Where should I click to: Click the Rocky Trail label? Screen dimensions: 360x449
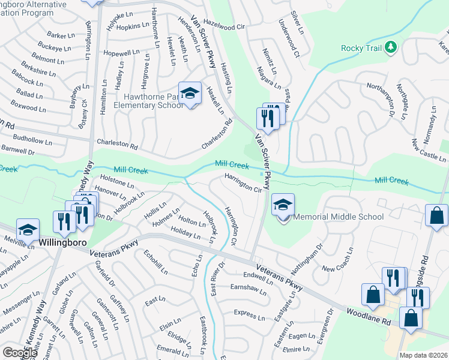[361, 48]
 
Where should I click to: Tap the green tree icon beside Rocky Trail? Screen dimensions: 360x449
[391, 47]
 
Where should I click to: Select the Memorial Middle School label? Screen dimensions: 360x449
[339, 217]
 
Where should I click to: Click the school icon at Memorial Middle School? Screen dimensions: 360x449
[283, 205]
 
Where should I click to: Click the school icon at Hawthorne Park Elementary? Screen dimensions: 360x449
[190, 94]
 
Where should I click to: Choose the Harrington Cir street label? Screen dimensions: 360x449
[244, 183]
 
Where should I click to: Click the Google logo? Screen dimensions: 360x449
[20, 352]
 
